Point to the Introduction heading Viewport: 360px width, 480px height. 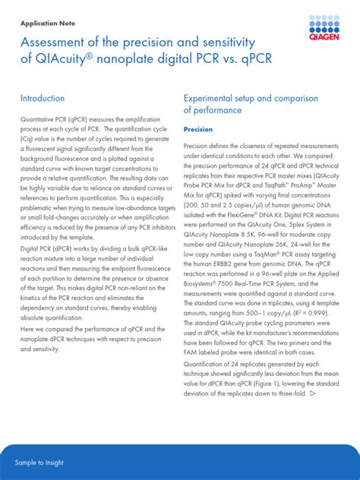pyautogui.click(x=43, y=99)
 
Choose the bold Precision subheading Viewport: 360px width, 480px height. pyautogui.click(x=198, y=130)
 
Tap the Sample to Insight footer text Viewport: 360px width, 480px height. pyautogui.click(x=40, y=463)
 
